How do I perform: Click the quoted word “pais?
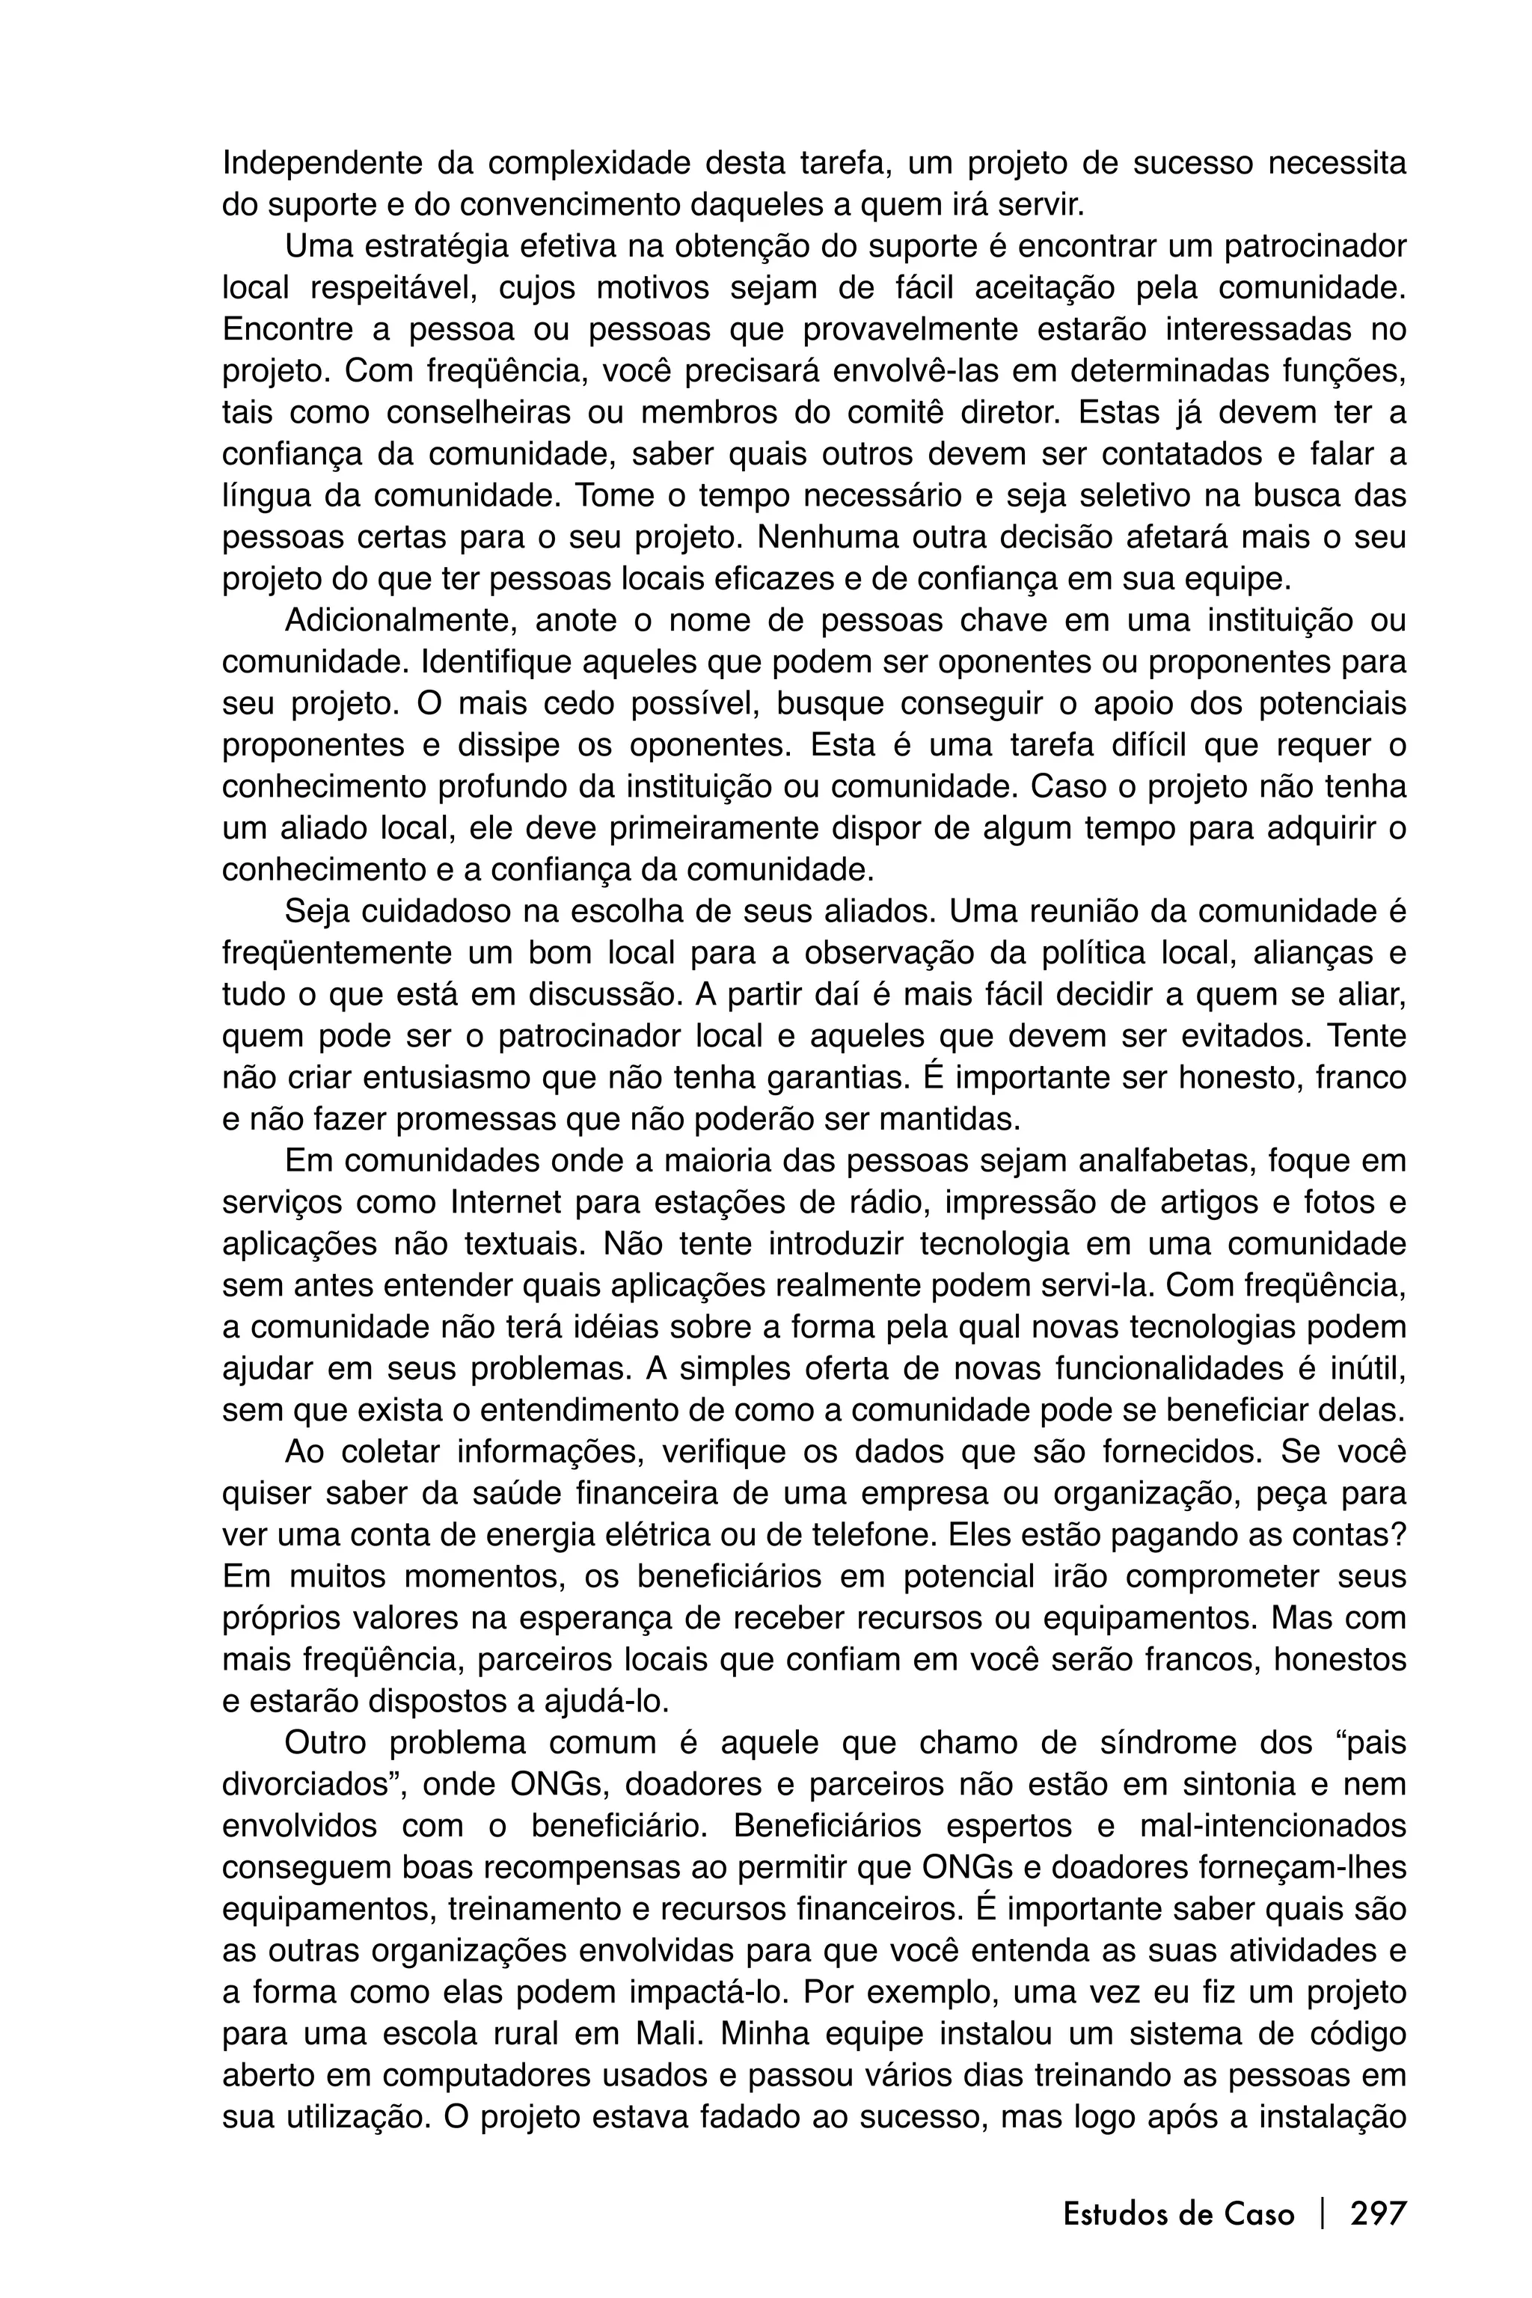(x=1370, y=1742)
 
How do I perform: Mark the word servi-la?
(x=1088, y=1285)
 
